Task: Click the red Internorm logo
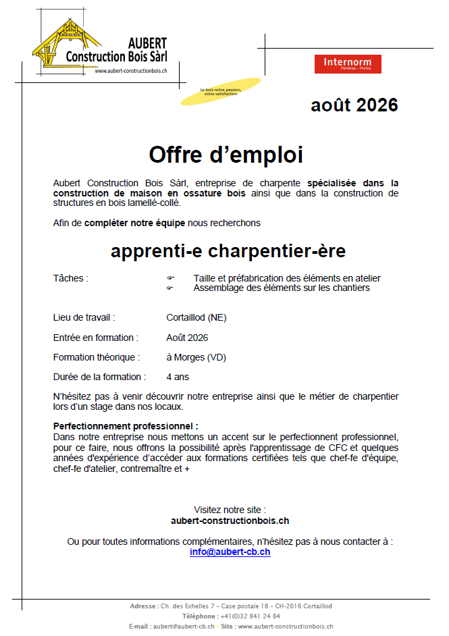[x=348, y=64]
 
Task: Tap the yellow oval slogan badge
[x=219, y=91]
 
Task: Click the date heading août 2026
[x=354, y=105]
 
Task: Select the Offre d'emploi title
[x=226, y=155]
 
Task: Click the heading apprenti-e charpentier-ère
[x=228, y=251]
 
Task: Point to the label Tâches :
[x=71, y=278]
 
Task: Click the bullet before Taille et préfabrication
[x=170, y=278]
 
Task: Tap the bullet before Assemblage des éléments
[x=170, y=288]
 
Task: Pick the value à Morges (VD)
[x=196, y=357]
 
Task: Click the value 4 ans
[x=178, y=377]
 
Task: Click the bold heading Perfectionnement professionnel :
[x=126, y=426]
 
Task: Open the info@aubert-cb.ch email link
[x=230, y=552]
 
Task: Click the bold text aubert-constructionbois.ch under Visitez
[x=230, y=521]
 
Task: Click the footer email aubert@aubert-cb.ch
[x=184, y=627]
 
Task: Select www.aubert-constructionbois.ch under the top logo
[x=131, y=71]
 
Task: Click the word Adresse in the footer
[x=143, y=606]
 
